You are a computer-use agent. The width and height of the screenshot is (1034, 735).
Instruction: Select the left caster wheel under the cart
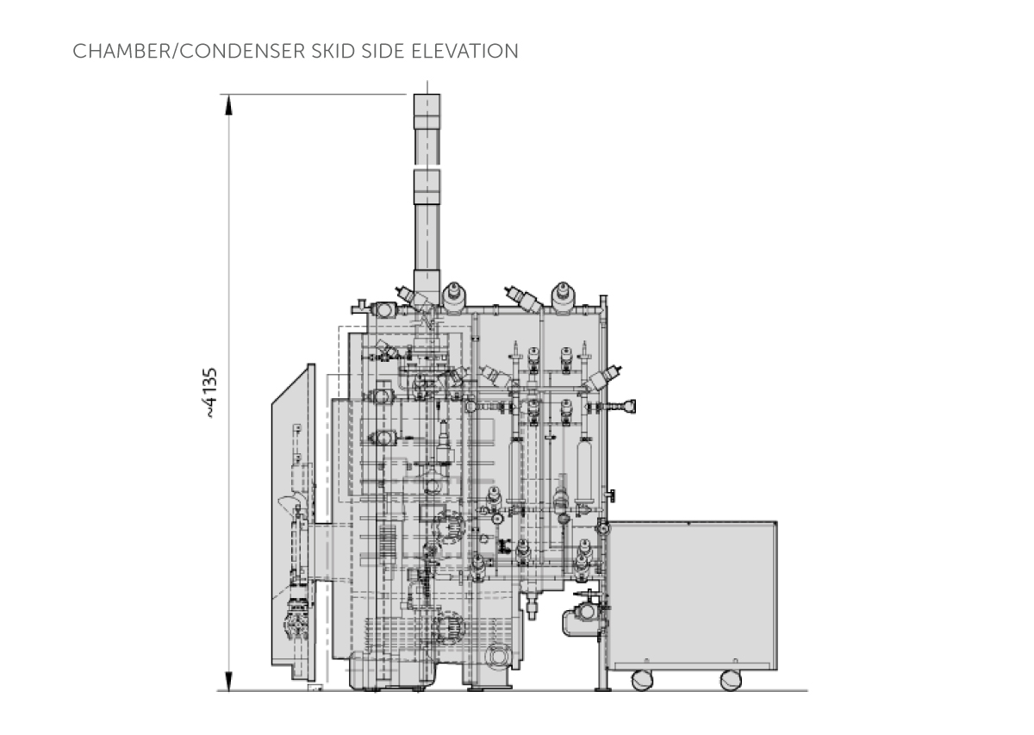pos(642,680)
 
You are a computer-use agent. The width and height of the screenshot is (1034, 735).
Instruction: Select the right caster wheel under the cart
pos(732,680)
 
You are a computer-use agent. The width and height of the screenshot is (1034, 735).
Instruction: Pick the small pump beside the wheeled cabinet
pos(582,619)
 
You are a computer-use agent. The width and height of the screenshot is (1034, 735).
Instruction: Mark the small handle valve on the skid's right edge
pos(613,495)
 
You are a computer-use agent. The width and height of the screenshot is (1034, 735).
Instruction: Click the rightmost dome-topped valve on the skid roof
pos(564,296)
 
